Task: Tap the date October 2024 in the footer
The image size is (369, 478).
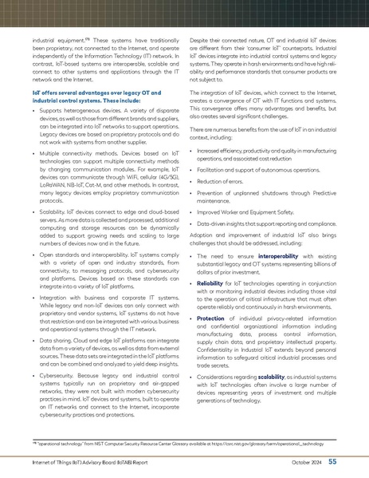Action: pyautogui.click(x=306, y=461)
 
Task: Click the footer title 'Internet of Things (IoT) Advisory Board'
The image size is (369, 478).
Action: pyautogui.click(x=76, y=461)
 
